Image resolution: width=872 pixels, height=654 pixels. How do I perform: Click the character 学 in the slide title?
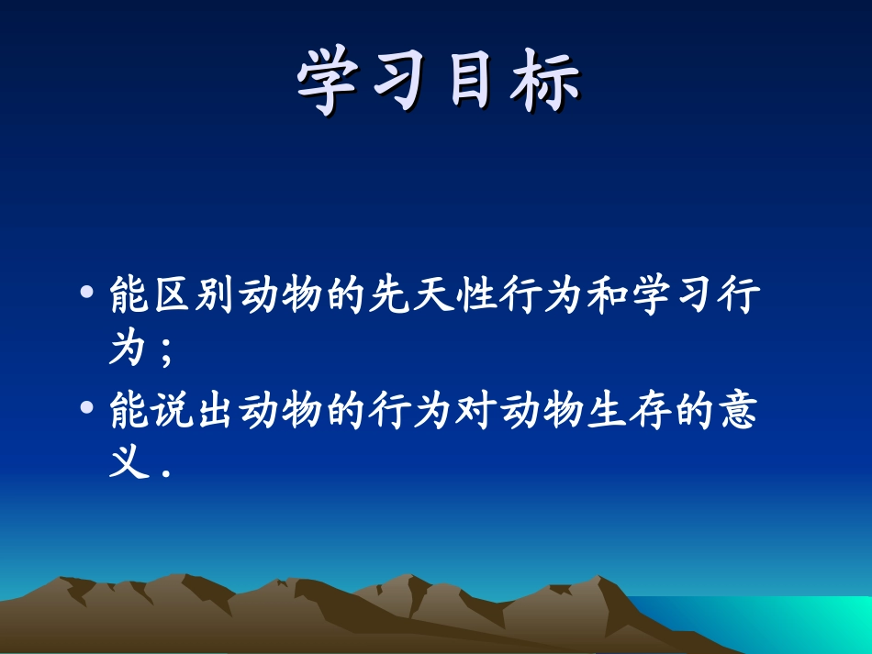point(327,84)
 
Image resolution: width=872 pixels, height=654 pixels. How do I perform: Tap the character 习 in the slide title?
point(397,84)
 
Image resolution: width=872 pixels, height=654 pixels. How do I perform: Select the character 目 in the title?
point(472,84)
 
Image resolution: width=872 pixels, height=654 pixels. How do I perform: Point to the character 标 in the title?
point(544,84)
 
